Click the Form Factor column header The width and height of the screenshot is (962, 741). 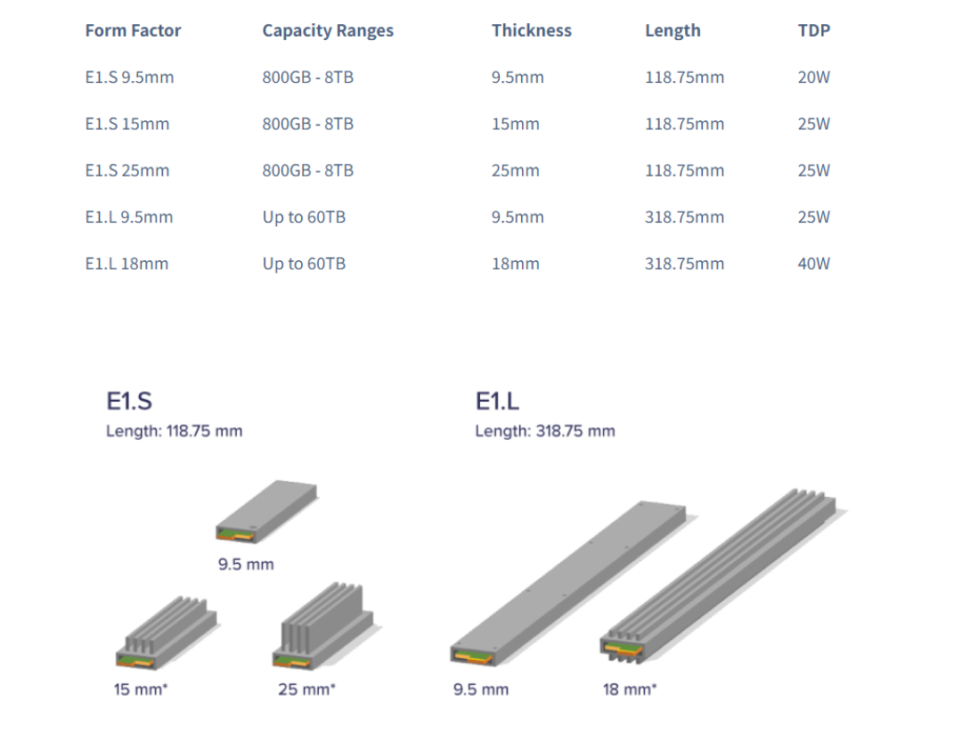[x=133, y=30]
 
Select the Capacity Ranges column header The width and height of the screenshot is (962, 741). [x=328, y=31]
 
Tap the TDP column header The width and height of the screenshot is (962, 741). [x=813, y=30]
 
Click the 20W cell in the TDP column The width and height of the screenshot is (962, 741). [x=813, y=77]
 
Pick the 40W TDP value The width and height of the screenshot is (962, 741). [x=813, y=264]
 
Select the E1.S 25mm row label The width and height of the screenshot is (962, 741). [x=127, y=170]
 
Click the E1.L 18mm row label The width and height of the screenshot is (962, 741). [x=126, y=264]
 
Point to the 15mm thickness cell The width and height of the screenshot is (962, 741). [x=516, y=124]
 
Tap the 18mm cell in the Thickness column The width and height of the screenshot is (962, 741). [x=516, y=264]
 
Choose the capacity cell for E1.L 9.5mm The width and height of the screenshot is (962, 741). [x=304, y=217]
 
